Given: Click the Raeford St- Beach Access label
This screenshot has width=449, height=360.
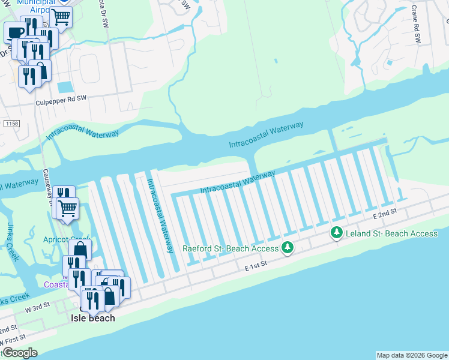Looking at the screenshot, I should click(231, 248).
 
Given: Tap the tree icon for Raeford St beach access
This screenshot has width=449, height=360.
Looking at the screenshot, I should click(288, 247).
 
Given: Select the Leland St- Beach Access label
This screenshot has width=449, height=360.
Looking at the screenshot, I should click(391, 233).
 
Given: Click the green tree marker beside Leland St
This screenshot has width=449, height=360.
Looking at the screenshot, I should click(337, 233).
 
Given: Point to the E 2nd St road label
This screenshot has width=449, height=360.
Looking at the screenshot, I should click(385, 214).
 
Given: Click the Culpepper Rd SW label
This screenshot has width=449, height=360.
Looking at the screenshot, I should click(61, 103).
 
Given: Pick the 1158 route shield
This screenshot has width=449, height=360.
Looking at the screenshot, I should click(11, 124).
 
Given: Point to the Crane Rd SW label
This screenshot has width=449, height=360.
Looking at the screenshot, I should click(416, 25).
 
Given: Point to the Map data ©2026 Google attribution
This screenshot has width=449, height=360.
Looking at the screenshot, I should click(412, 355).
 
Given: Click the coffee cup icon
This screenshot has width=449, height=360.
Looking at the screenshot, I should click(14, 32).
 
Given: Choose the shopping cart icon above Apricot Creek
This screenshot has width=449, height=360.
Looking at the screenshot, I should click(68, 208).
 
